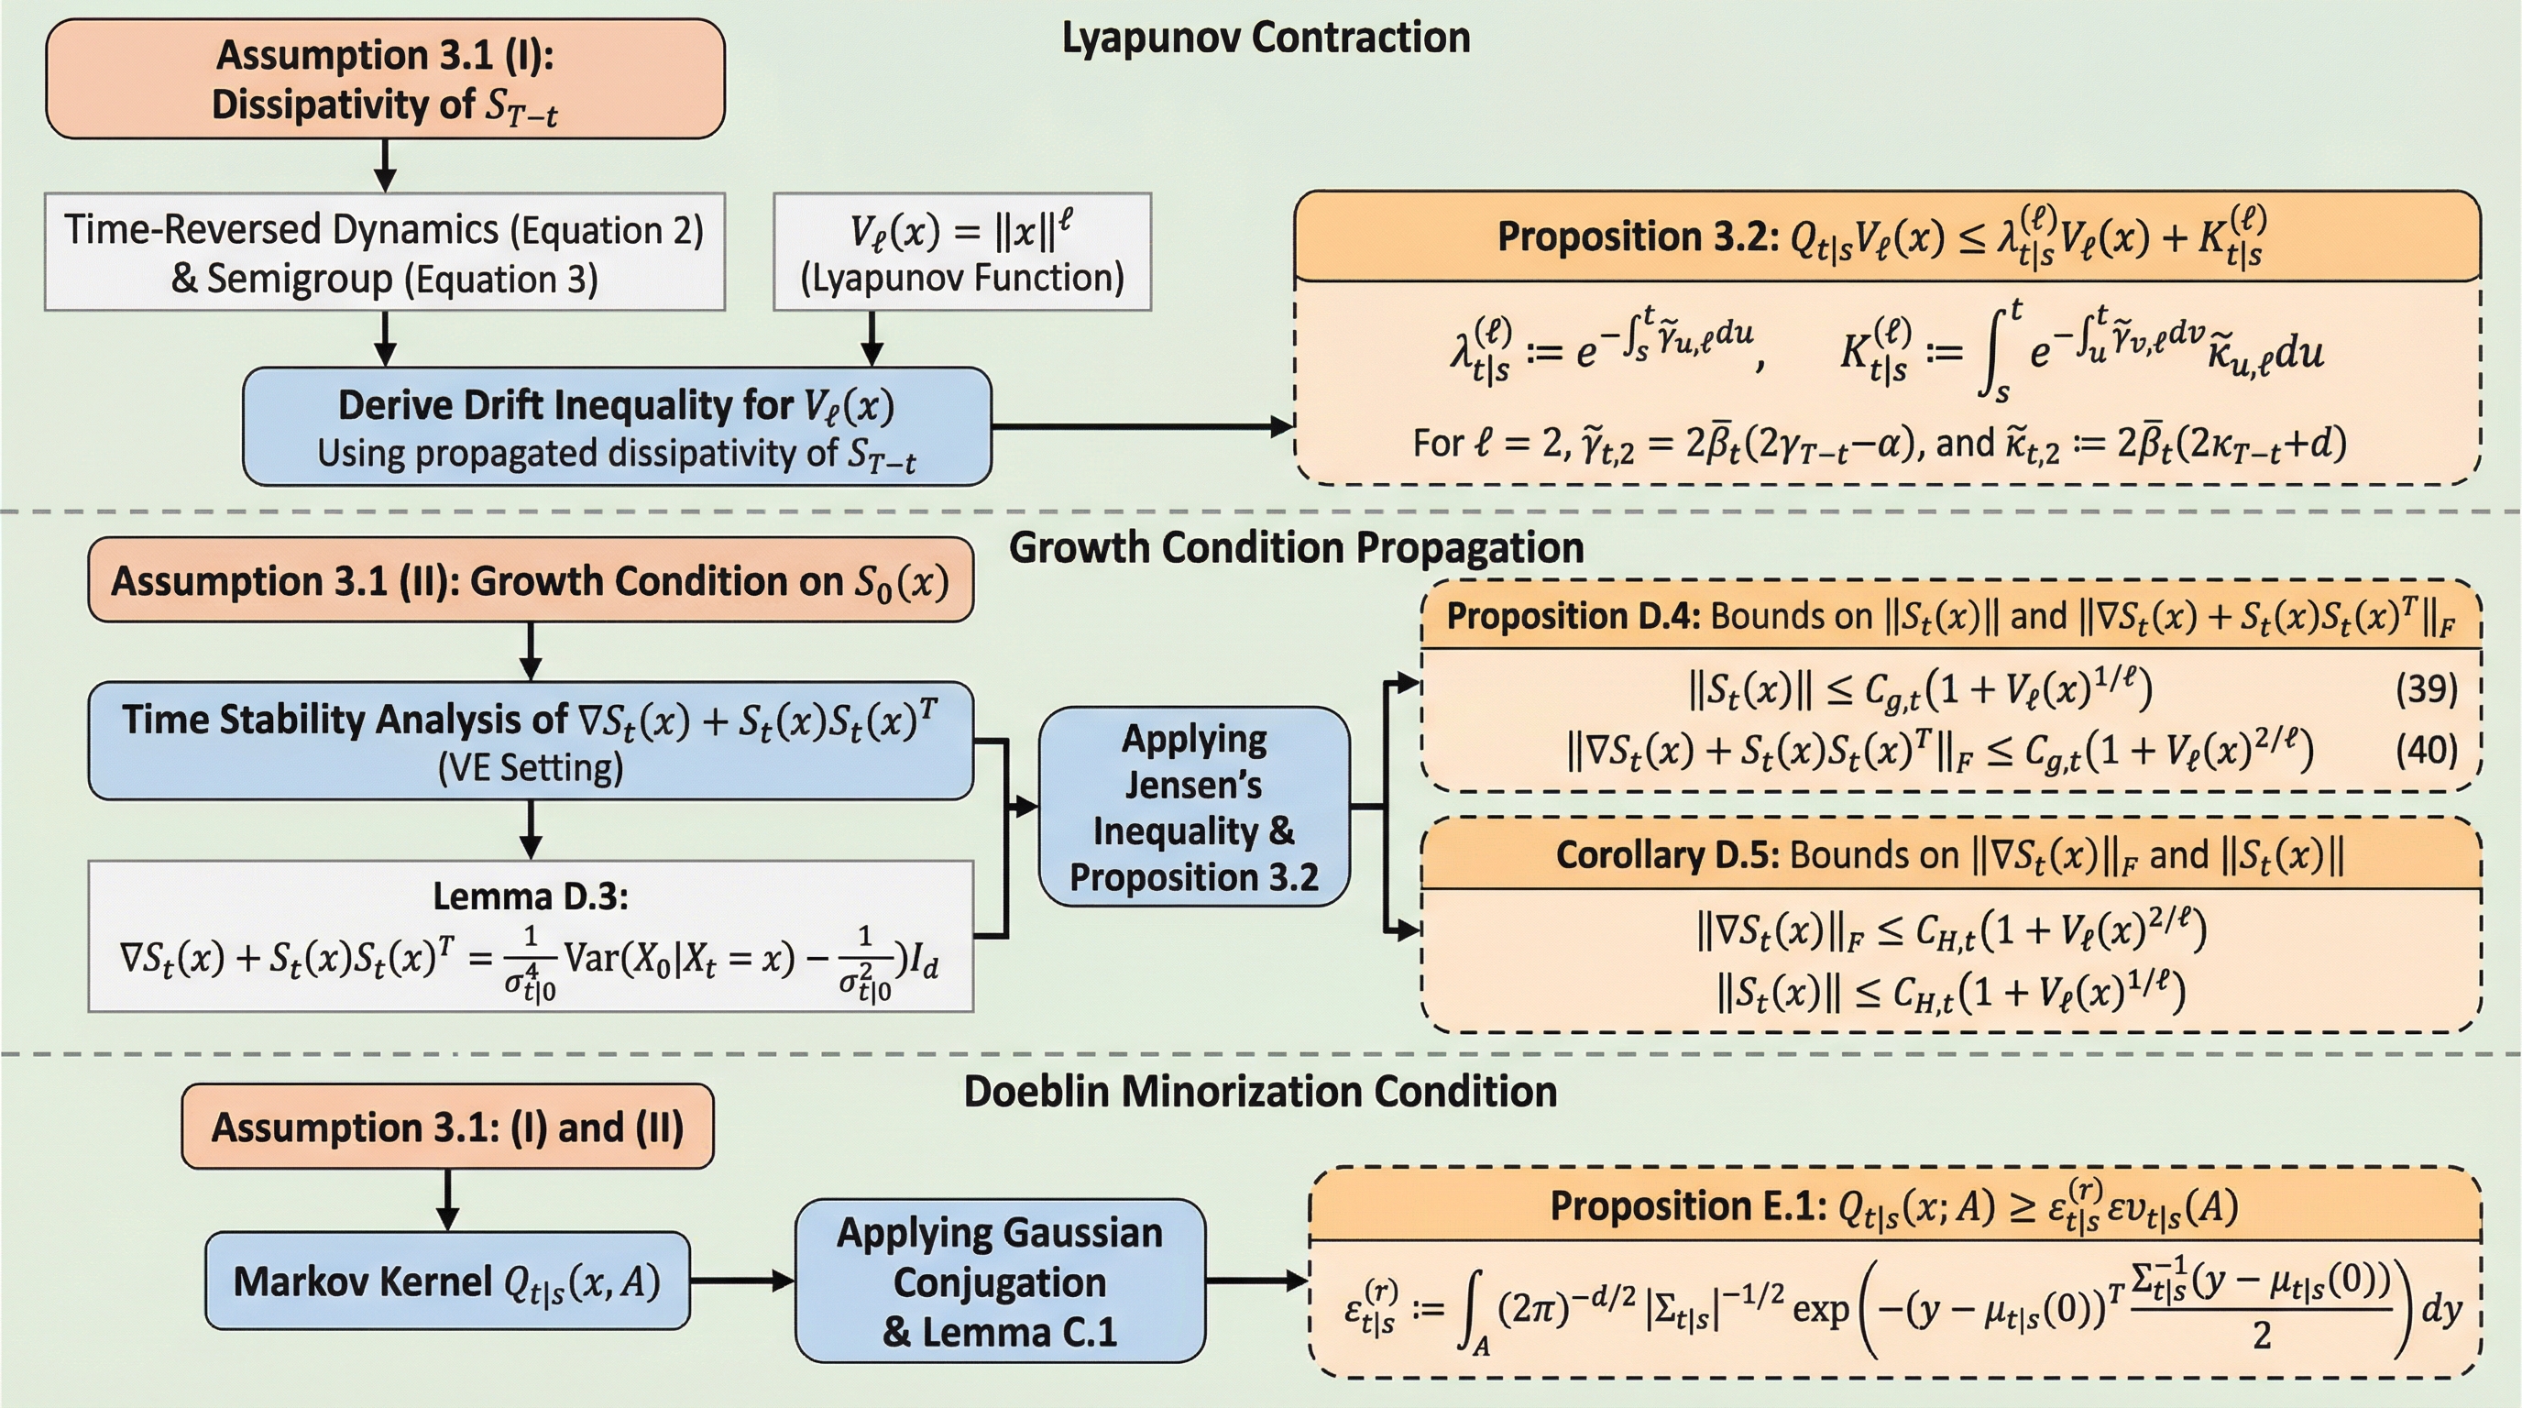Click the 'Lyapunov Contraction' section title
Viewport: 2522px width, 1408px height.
pyautogui.click(x=1265, y=38)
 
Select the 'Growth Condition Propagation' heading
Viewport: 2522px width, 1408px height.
pyautogui.click(x=1295, y=547)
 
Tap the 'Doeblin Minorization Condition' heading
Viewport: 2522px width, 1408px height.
pyautogui.click(x=1260, y=1092)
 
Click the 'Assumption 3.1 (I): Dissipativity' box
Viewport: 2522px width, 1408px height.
pyautogui.click(x=385, y=80)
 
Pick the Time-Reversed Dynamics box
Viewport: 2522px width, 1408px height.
pyautogui.click(x=385, y=253)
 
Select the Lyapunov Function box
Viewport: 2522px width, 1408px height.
pyautogui.click(x=961, y=253)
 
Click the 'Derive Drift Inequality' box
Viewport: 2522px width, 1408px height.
pyautogui.click(x=617, y=427)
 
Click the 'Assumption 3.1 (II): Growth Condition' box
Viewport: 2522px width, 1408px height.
pyautogui.click(x=530, y=580)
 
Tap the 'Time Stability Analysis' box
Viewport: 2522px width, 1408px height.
pyautogui.click(x=530, y=742)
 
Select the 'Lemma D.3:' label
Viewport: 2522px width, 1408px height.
pyautogui.click(x=530, y=896)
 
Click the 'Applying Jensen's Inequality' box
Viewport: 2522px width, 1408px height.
pyautogui.click(x=1193, y=807)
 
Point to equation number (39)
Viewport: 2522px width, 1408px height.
pyautogui.click(x=2426, y=690)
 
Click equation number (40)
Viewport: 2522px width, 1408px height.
pyautogui.click(x=2426, y=750)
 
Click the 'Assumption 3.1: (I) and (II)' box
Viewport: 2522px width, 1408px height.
pyautogui.click(x=447, y=1127)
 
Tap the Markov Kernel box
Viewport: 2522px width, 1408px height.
pyautogui.click(x=447, y=1281)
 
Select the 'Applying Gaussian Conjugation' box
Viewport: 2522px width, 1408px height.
pyautogui.click(x=1000, y=1281)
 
